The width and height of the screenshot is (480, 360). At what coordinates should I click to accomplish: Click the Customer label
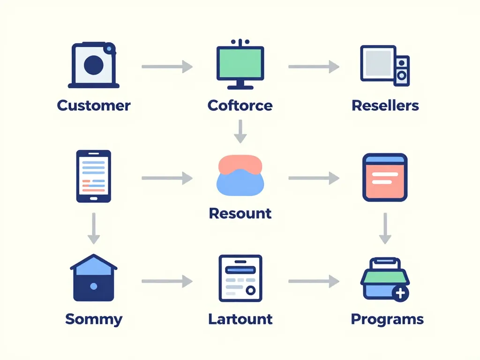click(x=94, y=105)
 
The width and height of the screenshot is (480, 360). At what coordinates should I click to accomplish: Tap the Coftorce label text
click(x=240, y=105)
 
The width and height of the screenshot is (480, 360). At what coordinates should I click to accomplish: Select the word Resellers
click(x=385, y=105)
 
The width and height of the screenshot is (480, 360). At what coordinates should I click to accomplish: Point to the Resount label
click(x=240, y=213)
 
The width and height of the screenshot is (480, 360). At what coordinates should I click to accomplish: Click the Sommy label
click(x=94, y=319)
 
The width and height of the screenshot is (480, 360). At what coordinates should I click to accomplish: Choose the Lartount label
click(x=240, y=319)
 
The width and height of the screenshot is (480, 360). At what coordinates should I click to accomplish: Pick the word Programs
click(x=387, y=319)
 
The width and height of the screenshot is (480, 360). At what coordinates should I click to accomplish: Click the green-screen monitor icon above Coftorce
click(x=240, y=65)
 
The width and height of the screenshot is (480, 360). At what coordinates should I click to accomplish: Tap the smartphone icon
click(x=94, y=176)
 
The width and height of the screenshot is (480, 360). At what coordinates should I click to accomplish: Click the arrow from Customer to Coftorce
click(x=167, y=67)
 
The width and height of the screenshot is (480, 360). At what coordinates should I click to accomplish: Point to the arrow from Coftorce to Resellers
click(x=314, y=67)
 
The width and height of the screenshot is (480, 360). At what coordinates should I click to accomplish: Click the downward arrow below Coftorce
click(x=240, y=131)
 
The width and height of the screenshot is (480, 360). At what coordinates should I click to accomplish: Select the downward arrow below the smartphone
click(x=94, y=228)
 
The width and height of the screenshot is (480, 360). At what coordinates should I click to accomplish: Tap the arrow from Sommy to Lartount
click(x=167, y=281)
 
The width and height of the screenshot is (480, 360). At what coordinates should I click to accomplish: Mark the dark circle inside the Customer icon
click(x=93, y=65)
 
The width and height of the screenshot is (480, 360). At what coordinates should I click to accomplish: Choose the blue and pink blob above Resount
click(x=240, y=176)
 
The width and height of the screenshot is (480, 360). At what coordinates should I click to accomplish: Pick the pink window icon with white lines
click(x=385, y=177)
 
